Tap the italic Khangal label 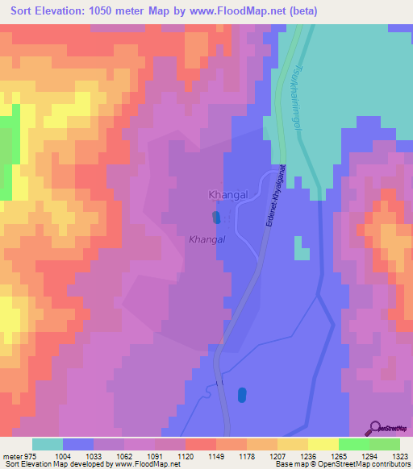pos(206,239)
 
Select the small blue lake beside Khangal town pos(215,217)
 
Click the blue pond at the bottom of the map pos(242,395)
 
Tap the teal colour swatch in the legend pos(48,444)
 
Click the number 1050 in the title pos(108,11)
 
